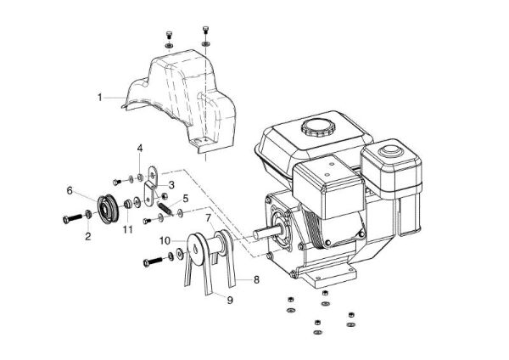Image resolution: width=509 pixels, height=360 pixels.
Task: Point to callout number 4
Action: point(140,149)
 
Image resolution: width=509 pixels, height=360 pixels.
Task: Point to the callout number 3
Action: point(171,184)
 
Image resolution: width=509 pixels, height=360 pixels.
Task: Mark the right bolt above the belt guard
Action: point(206,31)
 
